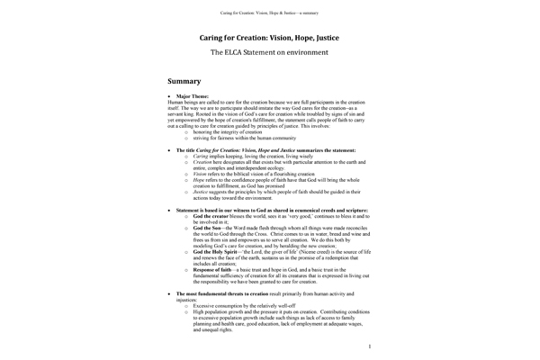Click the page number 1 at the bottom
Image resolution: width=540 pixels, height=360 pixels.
(x=370, y=346)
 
